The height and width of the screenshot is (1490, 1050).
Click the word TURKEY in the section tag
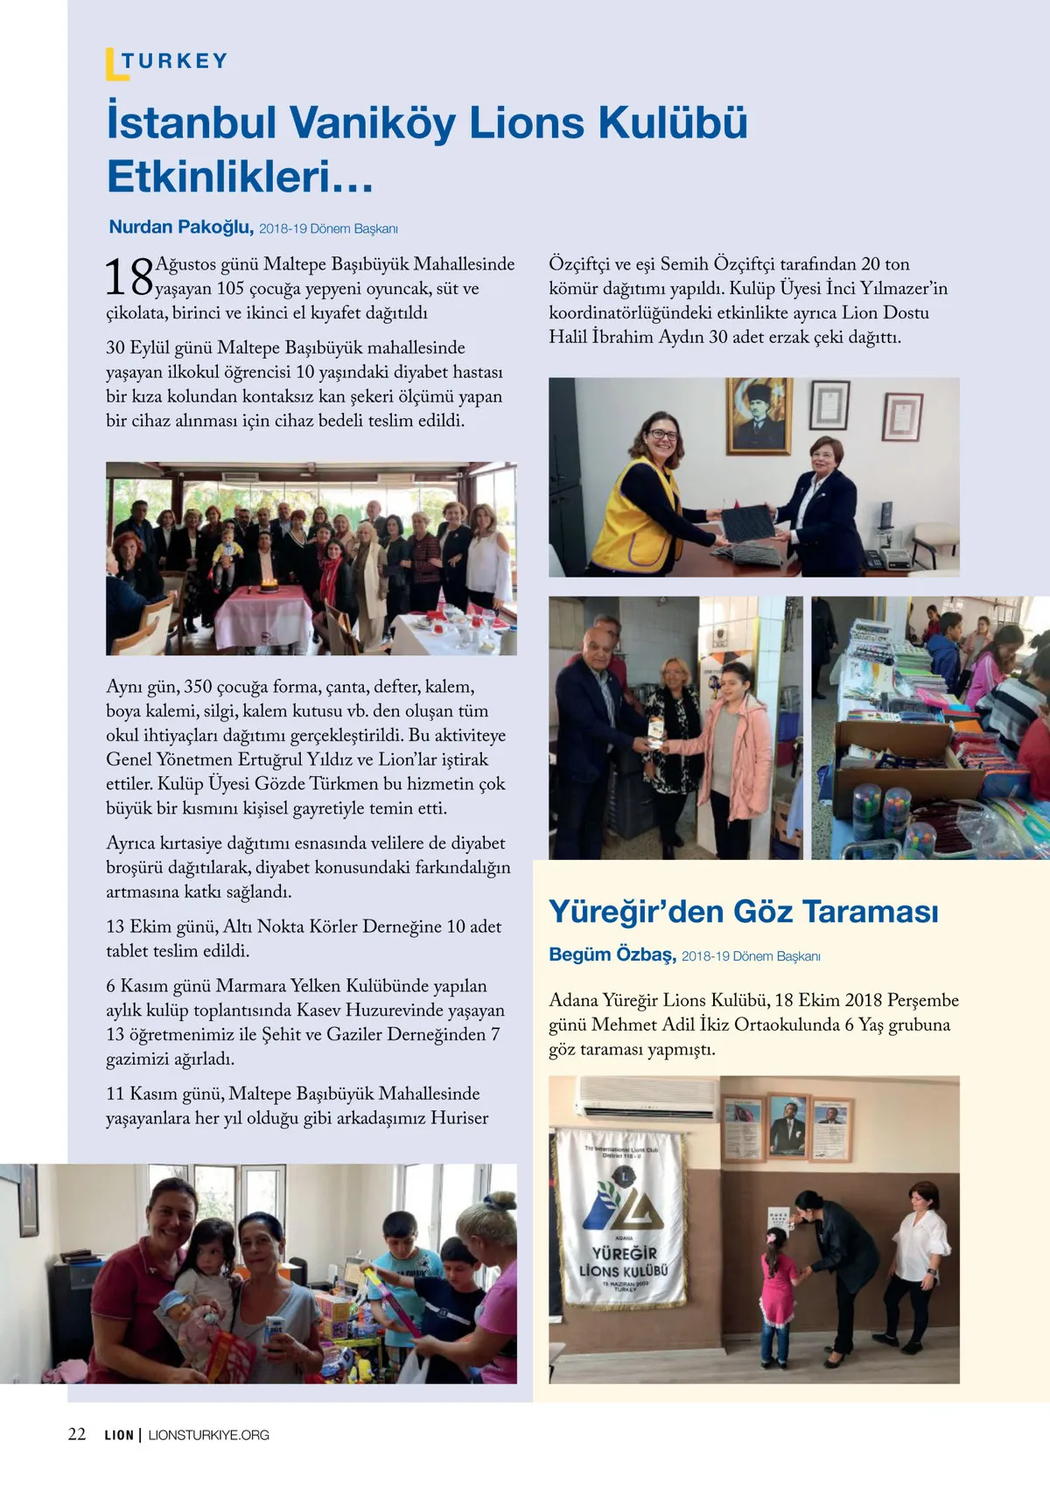coord(175,61)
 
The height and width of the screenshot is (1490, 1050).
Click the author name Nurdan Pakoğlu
coord(181,227)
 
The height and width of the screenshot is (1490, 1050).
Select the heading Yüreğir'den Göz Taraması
coord(743,912)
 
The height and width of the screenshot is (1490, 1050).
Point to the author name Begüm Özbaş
coord(612,955)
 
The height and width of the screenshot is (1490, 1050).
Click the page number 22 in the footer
coord(77,1434)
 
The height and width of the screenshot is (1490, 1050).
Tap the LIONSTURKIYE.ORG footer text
coord(209,1435)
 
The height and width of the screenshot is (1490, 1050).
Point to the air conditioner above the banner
coord(647,1098)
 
